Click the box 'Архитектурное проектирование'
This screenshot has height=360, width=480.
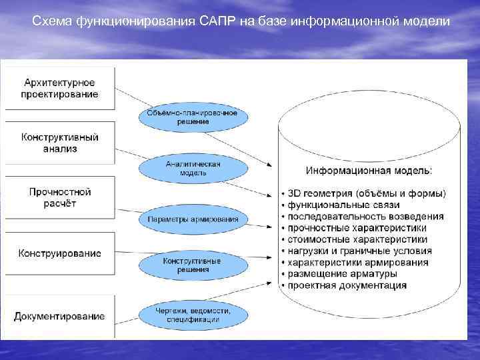(x=60, y=88)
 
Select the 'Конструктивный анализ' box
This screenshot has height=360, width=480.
(x=60, y=143)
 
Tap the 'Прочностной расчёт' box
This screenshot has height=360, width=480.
(x=60, y=197)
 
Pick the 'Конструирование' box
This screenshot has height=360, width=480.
(x=60, y=253)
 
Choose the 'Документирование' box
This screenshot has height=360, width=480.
(x=60, y=316)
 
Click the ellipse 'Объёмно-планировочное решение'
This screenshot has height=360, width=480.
(x=193, y=117)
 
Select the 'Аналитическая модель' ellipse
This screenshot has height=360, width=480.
(x=193, y=168)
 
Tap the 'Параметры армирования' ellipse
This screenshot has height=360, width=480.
(x=193, y=219)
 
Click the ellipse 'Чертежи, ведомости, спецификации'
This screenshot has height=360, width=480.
(x=193, y=315)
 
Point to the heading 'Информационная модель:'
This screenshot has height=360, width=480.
(x=369, y=171)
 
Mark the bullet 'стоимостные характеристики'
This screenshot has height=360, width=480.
(x=358, y=239)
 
